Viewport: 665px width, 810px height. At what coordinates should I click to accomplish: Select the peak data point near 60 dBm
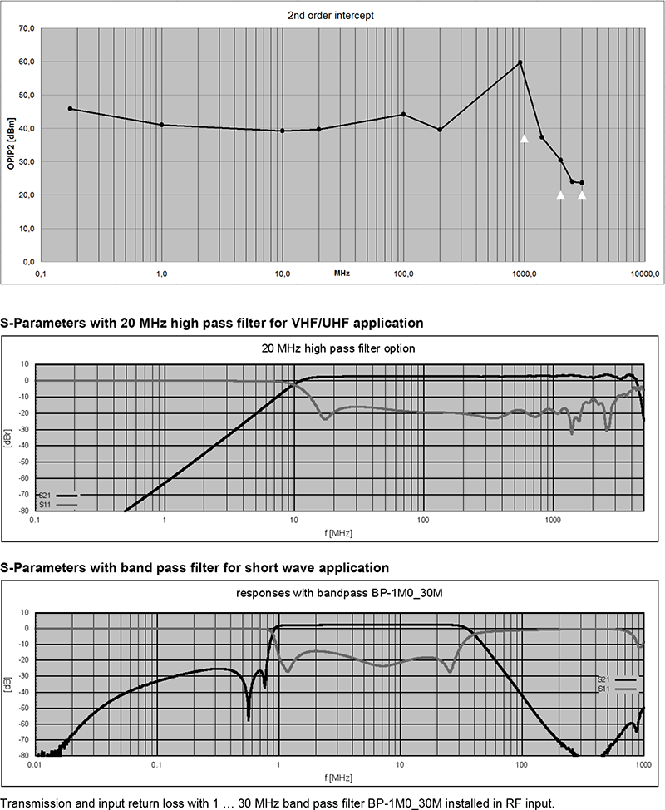coord(520,62)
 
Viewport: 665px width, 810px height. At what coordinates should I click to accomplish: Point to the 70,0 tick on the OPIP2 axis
coord(26,29)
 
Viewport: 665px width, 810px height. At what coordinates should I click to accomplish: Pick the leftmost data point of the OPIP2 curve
coord(70,109)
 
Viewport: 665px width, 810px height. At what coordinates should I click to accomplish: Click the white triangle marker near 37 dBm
coord(525,138)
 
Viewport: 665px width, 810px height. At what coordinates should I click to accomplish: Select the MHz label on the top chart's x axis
coord(342,273)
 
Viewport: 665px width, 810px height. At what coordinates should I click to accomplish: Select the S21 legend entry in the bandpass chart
coord(608,679)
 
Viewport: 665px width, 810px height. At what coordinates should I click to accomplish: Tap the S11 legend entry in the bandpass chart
coord(608,689)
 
